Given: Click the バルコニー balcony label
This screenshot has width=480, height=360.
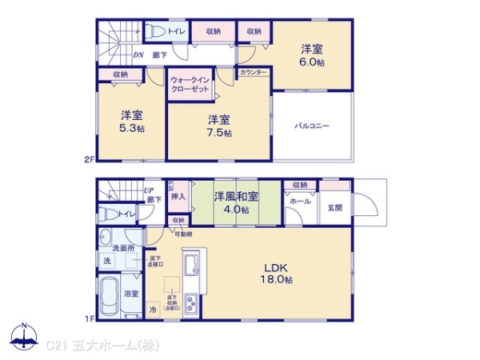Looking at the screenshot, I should [311, 126].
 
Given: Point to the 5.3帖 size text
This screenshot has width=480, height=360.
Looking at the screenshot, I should [131, 128].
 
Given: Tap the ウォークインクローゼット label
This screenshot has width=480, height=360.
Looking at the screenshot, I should [190, 84].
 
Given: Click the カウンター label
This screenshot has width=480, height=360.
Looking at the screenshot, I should [254, 72].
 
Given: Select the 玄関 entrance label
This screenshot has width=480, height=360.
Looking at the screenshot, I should [334, 207].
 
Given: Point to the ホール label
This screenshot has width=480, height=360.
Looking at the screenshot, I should [300, 202].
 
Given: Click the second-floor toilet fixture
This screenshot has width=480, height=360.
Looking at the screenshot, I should [155, 32].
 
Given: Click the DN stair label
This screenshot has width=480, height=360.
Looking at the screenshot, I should [138, 54].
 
